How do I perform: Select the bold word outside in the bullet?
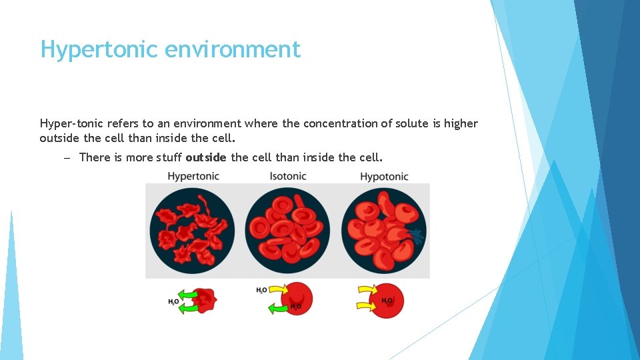pos(206,157)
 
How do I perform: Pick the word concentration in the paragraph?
pos(337,123)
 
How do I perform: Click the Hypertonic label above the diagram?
pos(193,176)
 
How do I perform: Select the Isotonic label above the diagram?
pos(288,176)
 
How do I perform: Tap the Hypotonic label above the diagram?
pos(384,176)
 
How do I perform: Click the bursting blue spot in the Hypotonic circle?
pos(416,234)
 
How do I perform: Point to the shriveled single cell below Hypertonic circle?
pos(206,301)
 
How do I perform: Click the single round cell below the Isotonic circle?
pos(298,297)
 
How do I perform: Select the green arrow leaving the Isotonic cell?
pos(278,309)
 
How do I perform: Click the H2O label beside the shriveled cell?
pos(173,302)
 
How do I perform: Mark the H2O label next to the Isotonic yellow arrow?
pos(262,290)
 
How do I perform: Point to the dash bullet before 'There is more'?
pos(67,157)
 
